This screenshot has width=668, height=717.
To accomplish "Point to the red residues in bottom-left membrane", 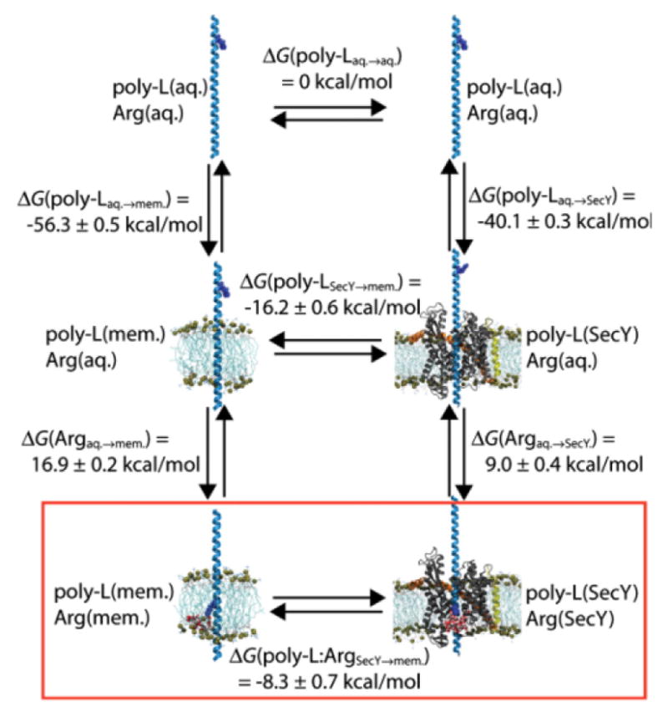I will (x=199, y=623).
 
